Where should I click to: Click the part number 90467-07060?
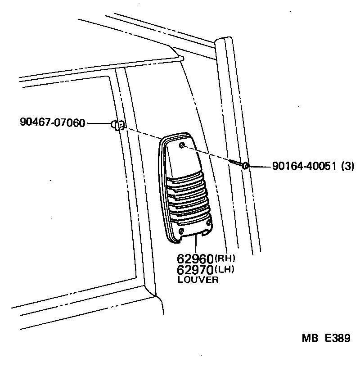[x=53, y=122]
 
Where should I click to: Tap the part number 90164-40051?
[x=304, y=167]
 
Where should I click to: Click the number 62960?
[x=195, y=259]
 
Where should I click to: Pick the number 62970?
[x=195, y=270]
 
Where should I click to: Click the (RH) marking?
[x=225, y=258]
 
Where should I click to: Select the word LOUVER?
[x=198, y=280]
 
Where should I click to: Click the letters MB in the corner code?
[x=310, y=338]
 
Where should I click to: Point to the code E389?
[x=337, y=338]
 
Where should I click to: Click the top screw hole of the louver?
[x=181, y=145]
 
